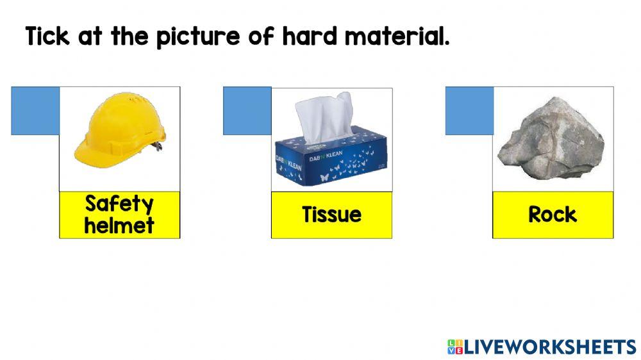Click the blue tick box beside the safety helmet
[x=35, y=110]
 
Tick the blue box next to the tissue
[x=247, y=111]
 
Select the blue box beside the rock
[x=469, y=111]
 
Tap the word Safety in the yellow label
[x=119, y=204]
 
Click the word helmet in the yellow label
[x=119, y=225]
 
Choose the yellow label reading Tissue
[x=331, y=215]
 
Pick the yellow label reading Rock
[x=553, y=215]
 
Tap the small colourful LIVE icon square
[x=454, y=347]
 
